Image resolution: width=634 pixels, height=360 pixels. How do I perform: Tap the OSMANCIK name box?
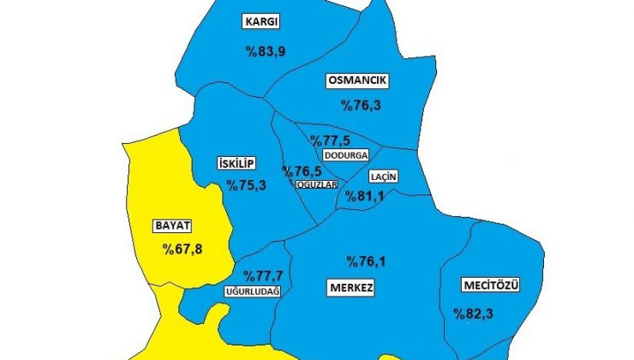pos(357,81)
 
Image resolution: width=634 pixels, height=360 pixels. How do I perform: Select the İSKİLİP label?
pos(236,164)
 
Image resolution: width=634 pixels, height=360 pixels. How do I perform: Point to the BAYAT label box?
pos(171,226)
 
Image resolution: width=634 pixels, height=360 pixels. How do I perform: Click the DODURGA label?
pos(346,156)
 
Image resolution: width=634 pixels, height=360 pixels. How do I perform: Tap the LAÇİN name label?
pos(383,177)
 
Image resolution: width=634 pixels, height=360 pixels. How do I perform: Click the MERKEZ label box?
pos(350,286)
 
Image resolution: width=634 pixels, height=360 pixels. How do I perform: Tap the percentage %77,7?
pos(263,276)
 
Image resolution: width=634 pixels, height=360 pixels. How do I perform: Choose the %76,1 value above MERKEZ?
pos(367,261)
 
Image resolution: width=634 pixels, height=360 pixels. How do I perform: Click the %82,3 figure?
pos(474,312)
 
